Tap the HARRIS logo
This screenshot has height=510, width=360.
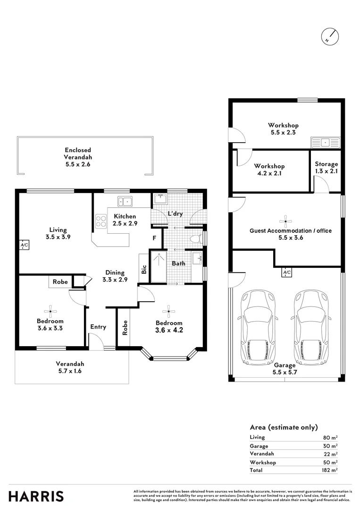(x=36, y=496)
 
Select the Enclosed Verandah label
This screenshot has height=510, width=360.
(x=78, y=157)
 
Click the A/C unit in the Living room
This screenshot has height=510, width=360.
(x=24, y=245)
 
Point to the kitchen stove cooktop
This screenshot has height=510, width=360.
(x=101, y=221)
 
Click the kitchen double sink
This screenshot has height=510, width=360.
(x=126, y=201)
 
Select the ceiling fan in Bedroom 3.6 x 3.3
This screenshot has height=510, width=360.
(x=50, y=310)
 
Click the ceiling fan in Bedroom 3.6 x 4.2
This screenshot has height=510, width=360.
(x=169, y=310)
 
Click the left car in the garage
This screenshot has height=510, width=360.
(x=258, y=328)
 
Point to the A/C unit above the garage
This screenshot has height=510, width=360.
(x=286, y=272)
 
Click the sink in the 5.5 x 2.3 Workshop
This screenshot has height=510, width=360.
(x=324, y=141)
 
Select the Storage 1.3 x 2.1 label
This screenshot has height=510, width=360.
(x=327, y=168)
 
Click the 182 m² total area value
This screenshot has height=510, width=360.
(x=330, y=470)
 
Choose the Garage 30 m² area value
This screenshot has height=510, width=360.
(x=330, y=446)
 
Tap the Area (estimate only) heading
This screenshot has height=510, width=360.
(x=284, y=427)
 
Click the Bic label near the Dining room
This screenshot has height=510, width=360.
(x=144, y=269)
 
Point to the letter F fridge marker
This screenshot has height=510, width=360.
(x=154, y=238)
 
